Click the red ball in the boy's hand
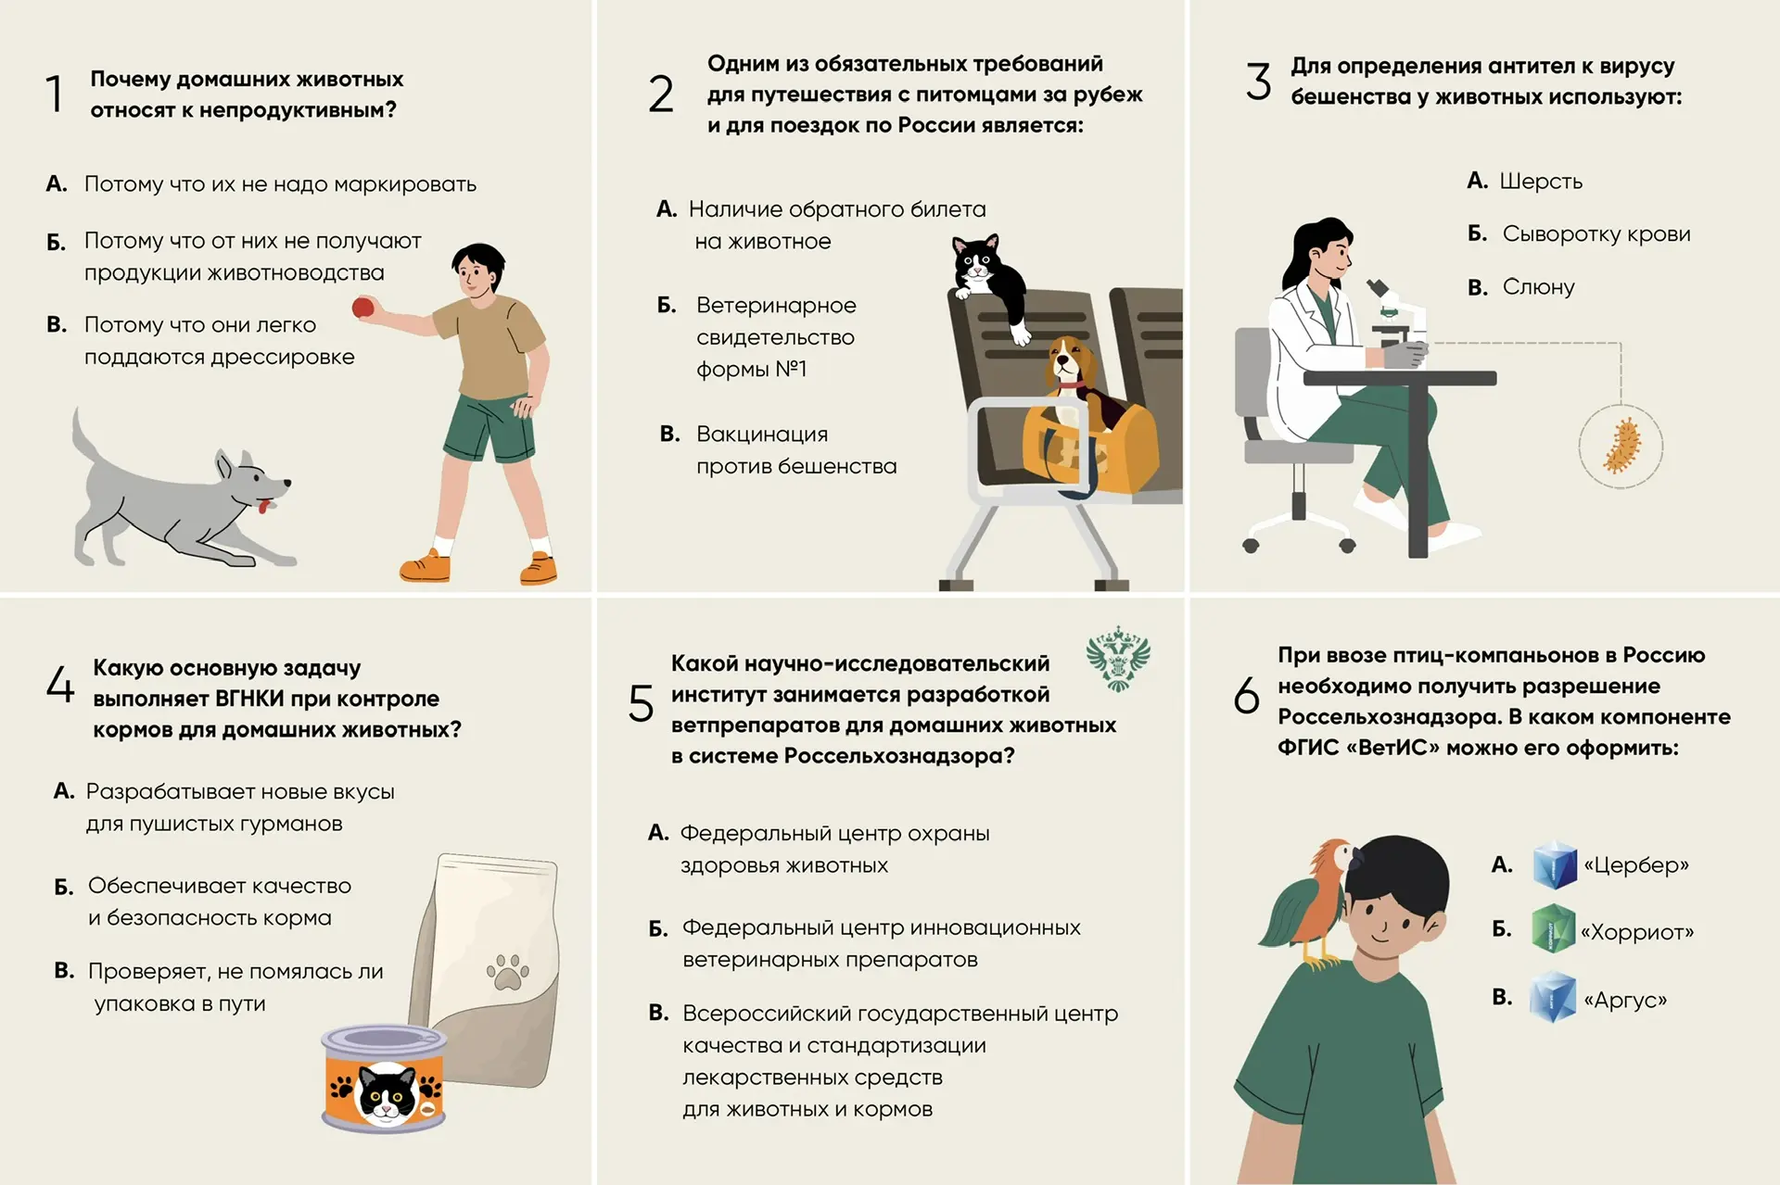(x=363, y=308)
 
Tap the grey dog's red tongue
(x=266, y=506)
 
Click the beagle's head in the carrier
(x=1072, y=362)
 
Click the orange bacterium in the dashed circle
(x=1621, y=447)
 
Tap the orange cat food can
(x=384, y=1078)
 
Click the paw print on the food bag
(x=507, y=972)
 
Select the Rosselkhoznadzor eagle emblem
(x=1118, y=660)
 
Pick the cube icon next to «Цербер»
(x=1555, y=865)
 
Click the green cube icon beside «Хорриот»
(x=1554, y=929)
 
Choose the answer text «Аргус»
(x=1625, y=1000)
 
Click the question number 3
(x=1258, y=82)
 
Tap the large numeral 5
(x=641, y=703)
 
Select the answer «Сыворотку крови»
(x=1596, y=234)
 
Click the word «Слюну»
(x=1538, y=287)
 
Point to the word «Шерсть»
(x=1541, y=182)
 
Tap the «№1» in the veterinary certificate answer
(x=791, y=369)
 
